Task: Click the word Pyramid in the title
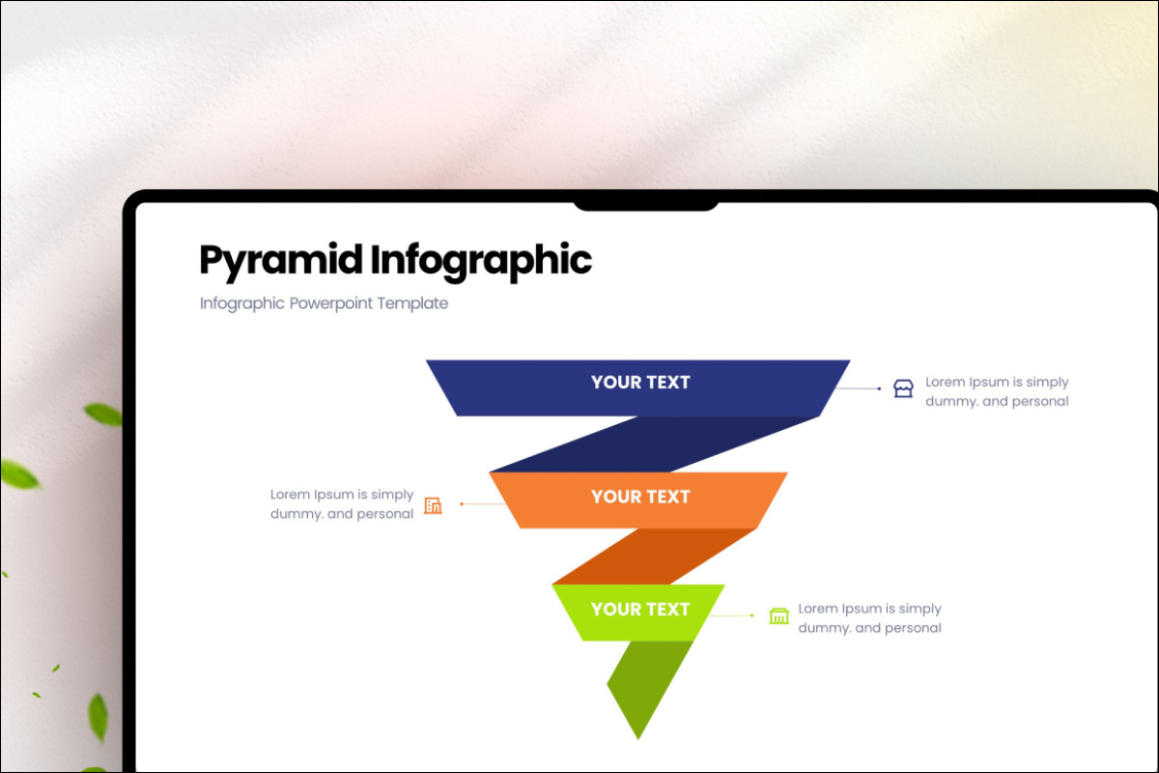[x=281, y=261]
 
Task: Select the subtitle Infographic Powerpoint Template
[x=324, y=303]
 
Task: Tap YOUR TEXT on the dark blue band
[x=640, y=383]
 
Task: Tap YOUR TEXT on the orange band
[x=640, y=497]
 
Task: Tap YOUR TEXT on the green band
[x=640, y=610]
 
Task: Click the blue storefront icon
[x=903, y=389]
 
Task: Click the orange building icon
[x=433, y=505]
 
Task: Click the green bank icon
[x=778, y=616]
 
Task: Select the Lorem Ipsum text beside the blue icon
[x=997, y=391]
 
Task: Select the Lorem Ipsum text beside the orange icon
[x=342, y=504]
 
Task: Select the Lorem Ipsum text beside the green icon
[x=869, y=618]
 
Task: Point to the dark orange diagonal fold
[x=657, y=556]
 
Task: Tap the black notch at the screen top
[x=645, y=204]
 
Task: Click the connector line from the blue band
[x=858, y=387]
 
